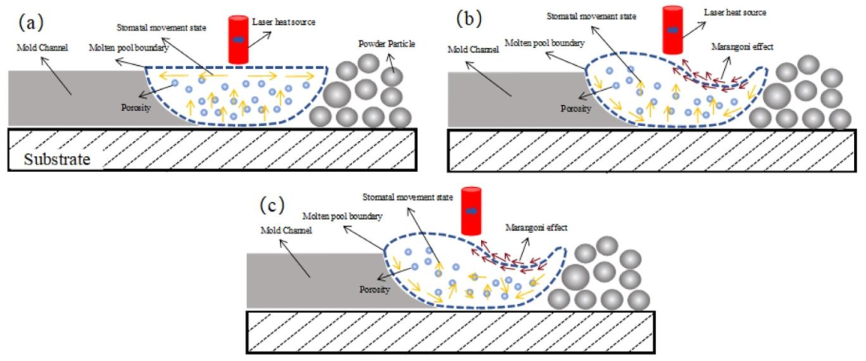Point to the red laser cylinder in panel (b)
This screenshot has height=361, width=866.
[x=674, y=30]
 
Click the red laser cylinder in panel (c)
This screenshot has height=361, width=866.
[x=471, y=211]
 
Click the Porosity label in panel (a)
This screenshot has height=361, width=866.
[x=136, y=107]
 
